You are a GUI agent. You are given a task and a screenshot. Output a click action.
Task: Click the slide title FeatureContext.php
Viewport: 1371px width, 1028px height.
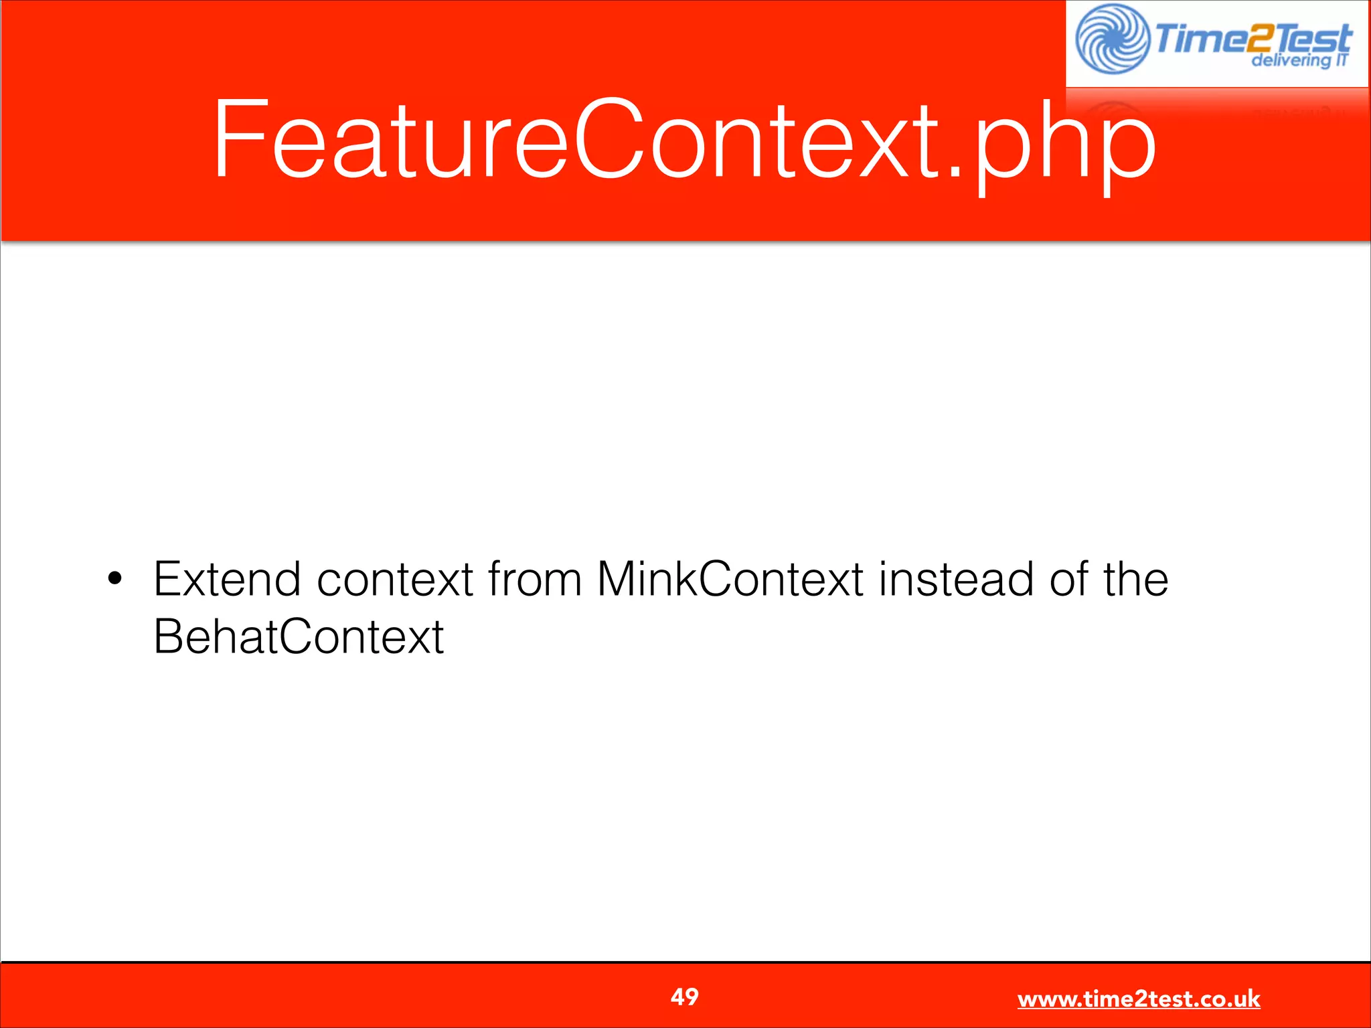pyautogui.click(x=684, y=141)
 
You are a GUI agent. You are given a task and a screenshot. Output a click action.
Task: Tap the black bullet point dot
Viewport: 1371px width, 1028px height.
pyautogui.click(x=115, y=578)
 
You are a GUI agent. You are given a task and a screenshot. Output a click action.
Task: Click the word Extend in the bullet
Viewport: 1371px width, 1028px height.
pyautogui.click(x=227, y=580)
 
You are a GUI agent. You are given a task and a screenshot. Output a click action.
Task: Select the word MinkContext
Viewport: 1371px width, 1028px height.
pyautogui.click(x=729, y=580)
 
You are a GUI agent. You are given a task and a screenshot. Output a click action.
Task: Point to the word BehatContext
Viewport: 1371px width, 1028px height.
pyautogui.click(x=298, y=637)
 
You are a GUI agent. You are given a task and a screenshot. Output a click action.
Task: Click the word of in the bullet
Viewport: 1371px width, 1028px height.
pyautogui.click(x=1068, y=580)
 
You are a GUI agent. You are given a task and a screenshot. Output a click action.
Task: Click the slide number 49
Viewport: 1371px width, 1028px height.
pyautogui.click(x=684, y=997)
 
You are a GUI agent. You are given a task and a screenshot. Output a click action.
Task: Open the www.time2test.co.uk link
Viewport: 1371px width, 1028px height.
pyautogui.click(x=1138, y=999)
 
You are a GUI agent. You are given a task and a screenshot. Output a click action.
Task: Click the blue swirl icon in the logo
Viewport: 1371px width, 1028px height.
pyautogui.click(x=1112, y=39)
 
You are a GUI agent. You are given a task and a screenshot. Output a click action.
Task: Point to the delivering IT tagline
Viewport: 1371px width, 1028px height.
pyautogui.click(x=1299, y=61)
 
